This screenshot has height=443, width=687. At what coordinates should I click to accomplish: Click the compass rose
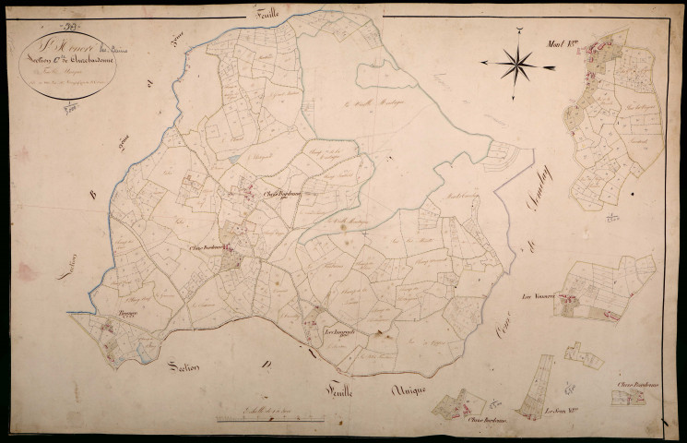coord(519,63)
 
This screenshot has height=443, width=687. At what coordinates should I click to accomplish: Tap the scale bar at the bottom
coord(259,419)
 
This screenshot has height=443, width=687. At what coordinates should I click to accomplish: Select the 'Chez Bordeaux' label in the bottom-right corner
coord(635,384)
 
